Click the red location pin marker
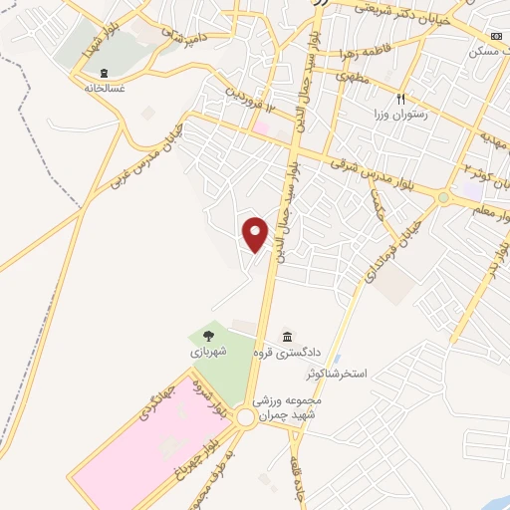(x=256, y=232)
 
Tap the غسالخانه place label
(x=105, y=87)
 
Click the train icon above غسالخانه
(x=105, y=72)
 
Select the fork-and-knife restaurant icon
(x=400, y=99)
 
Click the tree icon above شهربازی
(x=208, y=336)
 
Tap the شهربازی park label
(x=209, y=352)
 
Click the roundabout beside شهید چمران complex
(x=245, y=418)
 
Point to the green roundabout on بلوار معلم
(x=443, y=197)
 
